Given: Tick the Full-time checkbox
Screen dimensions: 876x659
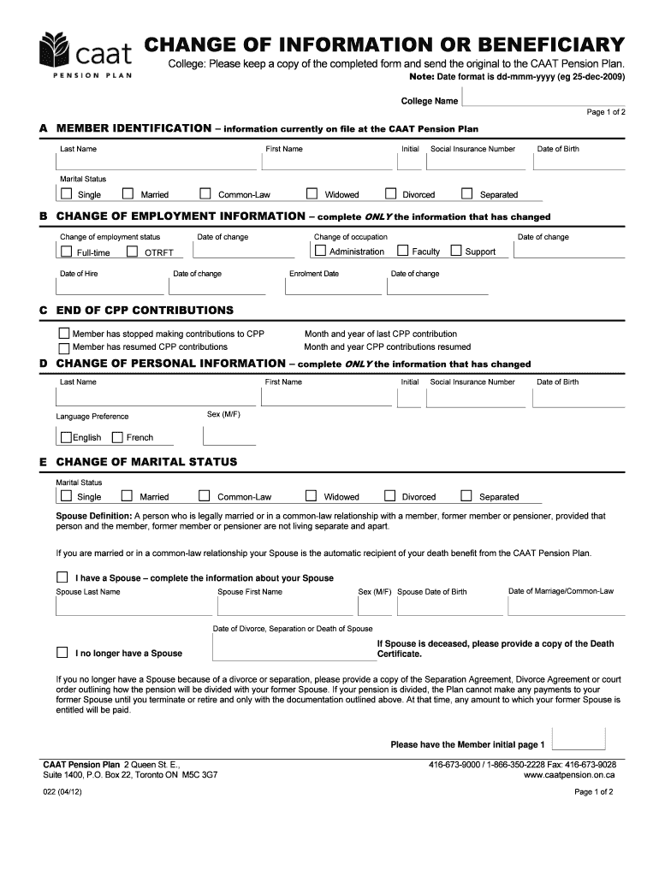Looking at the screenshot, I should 66,252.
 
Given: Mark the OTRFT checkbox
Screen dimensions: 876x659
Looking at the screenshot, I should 133,252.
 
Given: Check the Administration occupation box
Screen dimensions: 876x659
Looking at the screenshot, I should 320,251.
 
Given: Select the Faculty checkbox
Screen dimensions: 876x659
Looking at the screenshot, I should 403,251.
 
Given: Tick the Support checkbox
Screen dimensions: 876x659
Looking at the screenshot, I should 456,251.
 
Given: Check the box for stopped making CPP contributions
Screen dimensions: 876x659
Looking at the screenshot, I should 63,333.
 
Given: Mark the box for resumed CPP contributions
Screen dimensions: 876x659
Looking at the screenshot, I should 63,347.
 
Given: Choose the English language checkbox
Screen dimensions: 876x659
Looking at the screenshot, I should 66,437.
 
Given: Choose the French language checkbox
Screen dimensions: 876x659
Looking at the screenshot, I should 117,437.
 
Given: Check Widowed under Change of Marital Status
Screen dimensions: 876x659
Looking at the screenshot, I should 312,495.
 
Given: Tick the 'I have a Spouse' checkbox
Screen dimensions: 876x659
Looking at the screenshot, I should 62,577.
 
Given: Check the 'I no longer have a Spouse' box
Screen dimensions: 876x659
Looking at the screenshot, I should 62,652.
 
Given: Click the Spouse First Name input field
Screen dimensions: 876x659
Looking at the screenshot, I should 288,607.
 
